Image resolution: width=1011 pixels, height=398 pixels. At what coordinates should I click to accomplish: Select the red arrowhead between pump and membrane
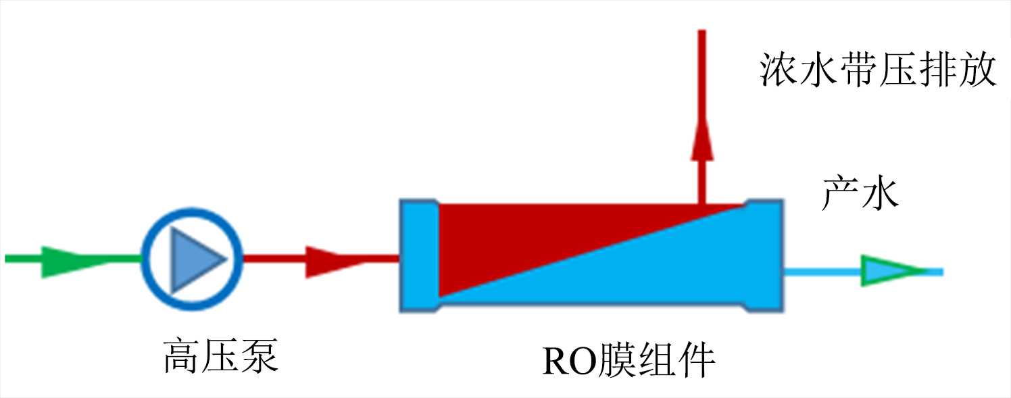pos(331,260)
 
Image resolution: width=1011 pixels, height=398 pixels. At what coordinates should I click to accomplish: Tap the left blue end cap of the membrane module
pos(419,255)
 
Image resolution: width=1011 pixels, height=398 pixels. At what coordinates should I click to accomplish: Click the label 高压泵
pos(220,356)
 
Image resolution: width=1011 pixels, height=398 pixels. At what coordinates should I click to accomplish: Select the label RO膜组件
pos(628,360)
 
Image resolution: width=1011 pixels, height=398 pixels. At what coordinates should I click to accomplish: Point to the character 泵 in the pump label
pos(260,356)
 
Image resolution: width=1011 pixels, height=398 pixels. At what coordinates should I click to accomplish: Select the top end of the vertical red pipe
pos(701,34)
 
